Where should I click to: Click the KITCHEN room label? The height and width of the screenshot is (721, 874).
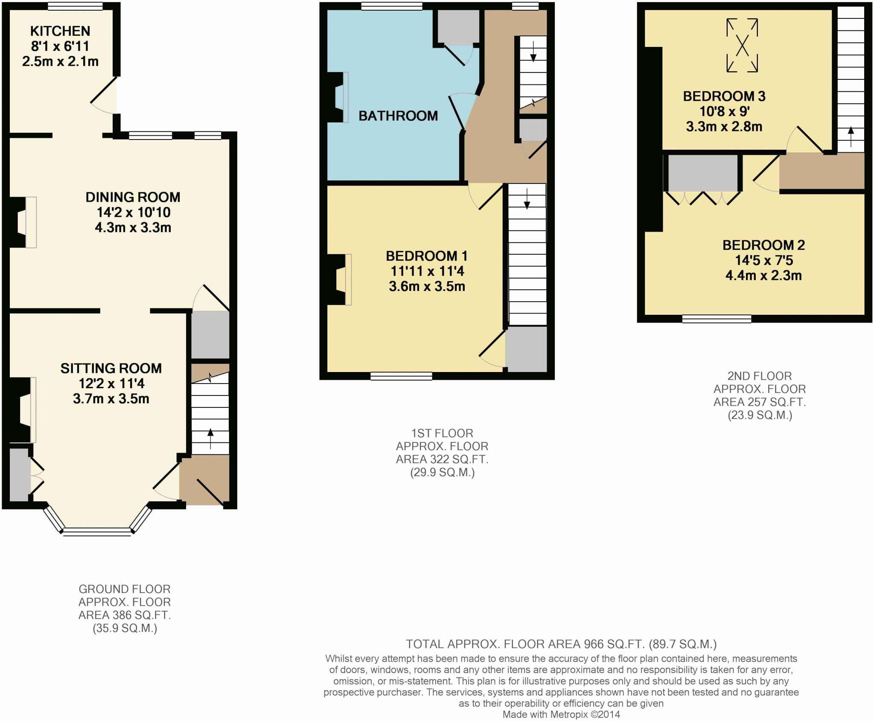point(60,31)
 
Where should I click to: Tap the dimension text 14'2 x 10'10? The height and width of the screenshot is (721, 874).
point(133,212)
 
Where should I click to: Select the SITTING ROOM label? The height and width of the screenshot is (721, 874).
point(111,368)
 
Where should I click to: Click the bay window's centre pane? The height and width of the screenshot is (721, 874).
point(97,531)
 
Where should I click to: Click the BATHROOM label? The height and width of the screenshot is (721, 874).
point(398,116)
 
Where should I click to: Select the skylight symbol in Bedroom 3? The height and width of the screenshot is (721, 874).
point(742,45)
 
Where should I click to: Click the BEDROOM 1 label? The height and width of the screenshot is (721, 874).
point(426,256)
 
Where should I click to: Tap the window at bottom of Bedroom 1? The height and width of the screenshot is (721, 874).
point(401,376)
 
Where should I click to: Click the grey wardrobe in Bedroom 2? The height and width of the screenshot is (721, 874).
point(703,173)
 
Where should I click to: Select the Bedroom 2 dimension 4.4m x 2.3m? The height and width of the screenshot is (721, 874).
point(763,276)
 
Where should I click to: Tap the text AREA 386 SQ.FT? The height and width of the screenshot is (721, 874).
point(124,615)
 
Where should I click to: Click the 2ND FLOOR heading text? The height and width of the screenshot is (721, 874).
point(759,376)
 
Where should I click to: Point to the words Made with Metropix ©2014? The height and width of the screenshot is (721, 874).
point(561,714)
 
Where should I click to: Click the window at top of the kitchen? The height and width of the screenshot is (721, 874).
point(75,6)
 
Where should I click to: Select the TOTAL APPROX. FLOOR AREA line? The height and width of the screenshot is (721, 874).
point(561,644)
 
